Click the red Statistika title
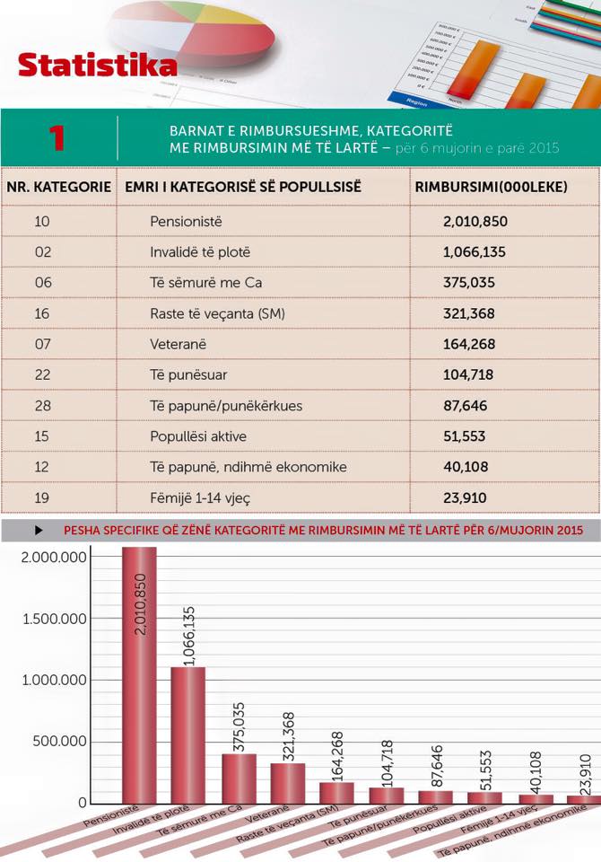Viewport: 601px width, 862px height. pyautogui.click(x=97, y=66)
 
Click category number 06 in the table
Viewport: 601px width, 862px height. pyautogui.click(x=43, y=283)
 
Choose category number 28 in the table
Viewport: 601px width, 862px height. pyautogui.click(x=43, y=406)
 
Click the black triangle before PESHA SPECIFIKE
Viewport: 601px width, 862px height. pyautogui.click(x=39, y=531)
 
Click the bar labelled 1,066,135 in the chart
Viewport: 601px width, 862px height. pyautogui.click(x=188, y=736)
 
